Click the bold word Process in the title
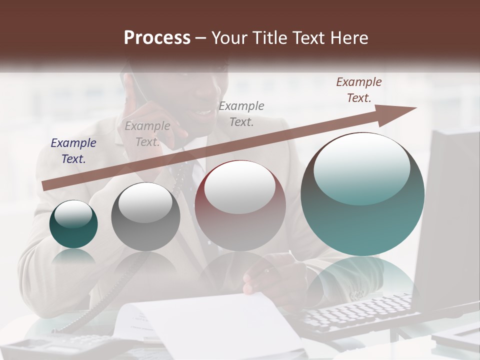[157, 38]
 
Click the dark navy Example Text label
[73, 151]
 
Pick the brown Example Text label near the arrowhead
[358, 90]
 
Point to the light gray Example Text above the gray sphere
[147, 134]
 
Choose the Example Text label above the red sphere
[241, 113]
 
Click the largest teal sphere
[362, 195]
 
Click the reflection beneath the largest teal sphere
[362, 280]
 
